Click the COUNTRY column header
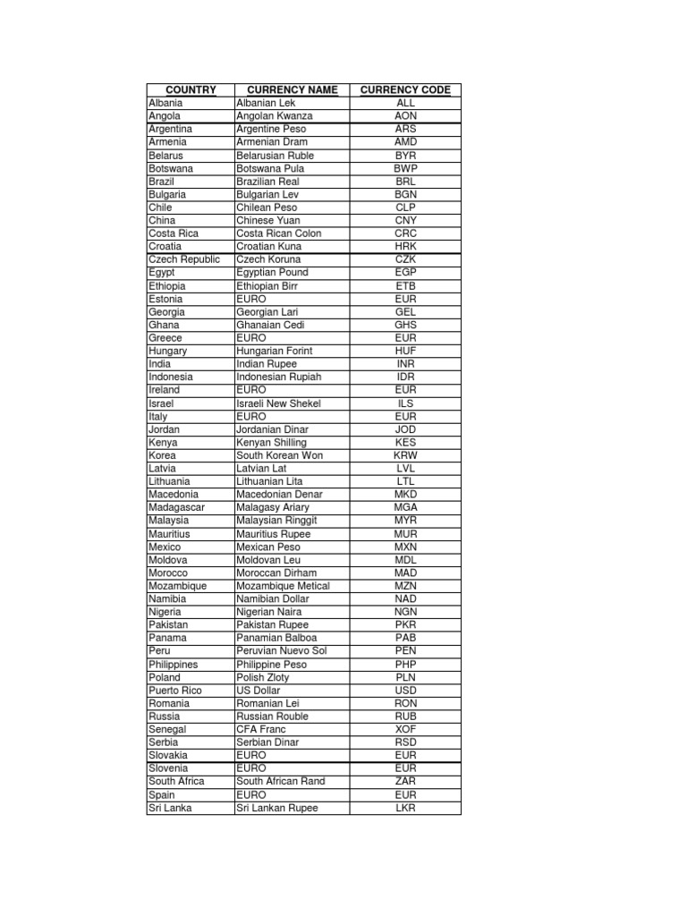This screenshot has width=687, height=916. [191, 89]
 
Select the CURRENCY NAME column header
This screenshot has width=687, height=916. [292, 89]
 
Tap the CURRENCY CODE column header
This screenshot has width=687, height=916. [405, 89]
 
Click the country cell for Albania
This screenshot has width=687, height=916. [165, 103]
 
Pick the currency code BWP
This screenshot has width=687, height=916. [405, 168]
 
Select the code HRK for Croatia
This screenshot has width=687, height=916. [405, 246]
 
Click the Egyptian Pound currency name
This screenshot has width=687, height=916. [272, 272]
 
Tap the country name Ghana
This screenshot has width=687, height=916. [164, 325]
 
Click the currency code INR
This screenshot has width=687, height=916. [405, 364]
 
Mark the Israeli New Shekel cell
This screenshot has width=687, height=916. [278, 403]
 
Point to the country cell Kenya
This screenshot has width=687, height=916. [163, 442]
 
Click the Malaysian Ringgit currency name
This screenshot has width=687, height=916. [276, 520]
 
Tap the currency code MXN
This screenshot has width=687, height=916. [405, 547]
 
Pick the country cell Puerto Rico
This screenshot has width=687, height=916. [175, 691]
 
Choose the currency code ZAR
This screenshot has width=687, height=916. [405, 781]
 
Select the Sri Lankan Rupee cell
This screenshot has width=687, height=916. [277, 808]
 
